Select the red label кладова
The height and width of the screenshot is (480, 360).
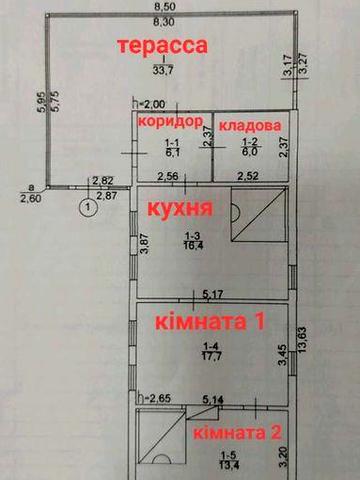tap(258, 127)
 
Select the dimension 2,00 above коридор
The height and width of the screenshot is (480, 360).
tap(153, 104)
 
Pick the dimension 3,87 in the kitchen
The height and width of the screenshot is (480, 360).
tap(145, 244)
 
